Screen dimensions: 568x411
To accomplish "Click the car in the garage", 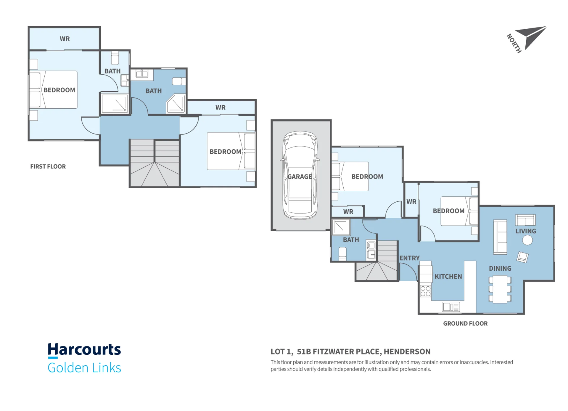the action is click(300, 175).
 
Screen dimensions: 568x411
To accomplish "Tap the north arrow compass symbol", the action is click(530, 37).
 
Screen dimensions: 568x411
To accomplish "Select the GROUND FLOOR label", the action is click(465, 323).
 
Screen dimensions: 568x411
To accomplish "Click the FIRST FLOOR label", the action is click(48, 166).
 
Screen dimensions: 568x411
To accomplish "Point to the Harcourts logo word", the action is click(84, 350).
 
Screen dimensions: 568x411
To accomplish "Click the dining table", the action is click(500, 289).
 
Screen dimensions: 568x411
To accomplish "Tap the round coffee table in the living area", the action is click(527, 240).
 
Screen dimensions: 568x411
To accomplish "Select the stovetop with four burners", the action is click(425, 291).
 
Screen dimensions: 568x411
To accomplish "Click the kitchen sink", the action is click(451, 307).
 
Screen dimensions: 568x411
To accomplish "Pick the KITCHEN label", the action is click(448, 277).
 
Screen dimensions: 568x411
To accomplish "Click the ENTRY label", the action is click(409, 258).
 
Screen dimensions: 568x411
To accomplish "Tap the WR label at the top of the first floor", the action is click(65, 39).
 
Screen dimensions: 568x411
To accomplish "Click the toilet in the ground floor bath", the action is click(342, 254).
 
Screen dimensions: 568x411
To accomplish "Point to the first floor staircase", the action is click(155, 163).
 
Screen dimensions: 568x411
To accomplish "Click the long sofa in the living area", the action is click(500, 237).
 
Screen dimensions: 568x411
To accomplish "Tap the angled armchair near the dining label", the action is click(522, 257).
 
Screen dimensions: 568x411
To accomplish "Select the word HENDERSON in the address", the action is click(407, 351).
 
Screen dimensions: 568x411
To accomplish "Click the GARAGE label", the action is click(300, 177).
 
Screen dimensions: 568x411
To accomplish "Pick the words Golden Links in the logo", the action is click(84, 368).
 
